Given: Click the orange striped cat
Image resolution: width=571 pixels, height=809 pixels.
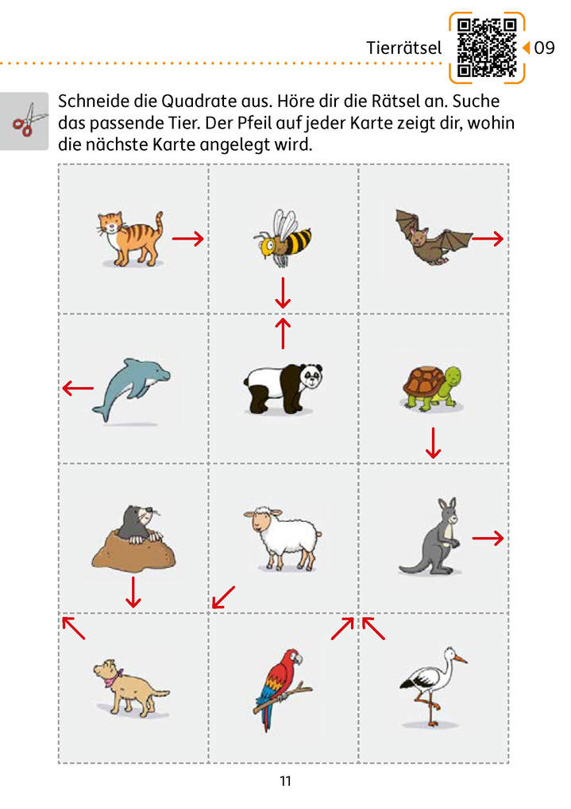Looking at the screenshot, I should [x=130, y=238].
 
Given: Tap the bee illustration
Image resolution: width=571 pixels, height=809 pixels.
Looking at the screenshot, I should [x=283, y=237].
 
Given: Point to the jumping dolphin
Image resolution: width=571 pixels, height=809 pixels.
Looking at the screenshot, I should [x=132, y=389].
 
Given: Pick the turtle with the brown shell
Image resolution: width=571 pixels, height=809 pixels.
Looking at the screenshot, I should [x=432, y=389].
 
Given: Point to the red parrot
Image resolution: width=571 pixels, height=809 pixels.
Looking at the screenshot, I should [x=283, y=688].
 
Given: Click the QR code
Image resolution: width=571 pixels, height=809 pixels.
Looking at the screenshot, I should [x=487, y=48].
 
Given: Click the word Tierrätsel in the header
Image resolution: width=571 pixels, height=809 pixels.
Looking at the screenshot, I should [x=403, y=48].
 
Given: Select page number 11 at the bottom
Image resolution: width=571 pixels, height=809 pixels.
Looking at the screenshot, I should [x=286, y=781].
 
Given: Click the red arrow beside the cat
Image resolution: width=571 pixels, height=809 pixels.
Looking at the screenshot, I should [x=188, y=238].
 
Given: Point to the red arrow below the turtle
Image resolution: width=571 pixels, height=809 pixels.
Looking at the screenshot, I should [x=433, y=443].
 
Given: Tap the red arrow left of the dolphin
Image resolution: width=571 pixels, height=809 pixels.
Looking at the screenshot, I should [x=78, y=388].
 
